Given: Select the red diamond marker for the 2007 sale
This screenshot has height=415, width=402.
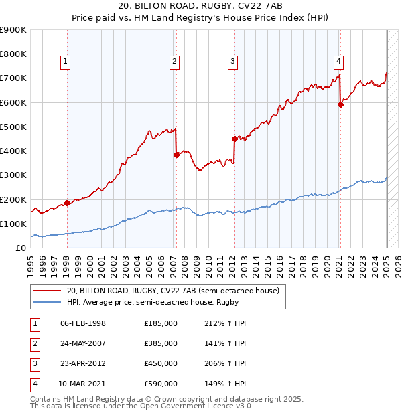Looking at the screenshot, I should pyautogui.click(x=176, y=155).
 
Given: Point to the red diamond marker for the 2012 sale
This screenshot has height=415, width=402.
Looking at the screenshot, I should pyautogui.click(x=234, y=139).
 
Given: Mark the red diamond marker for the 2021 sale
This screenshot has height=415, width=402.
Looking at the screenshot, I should pyautogui.click(x=340, y=104).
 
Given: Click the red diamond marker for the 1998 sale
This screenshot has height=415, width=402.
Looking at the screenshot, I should pyautogui.click(x=67, y=203).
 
